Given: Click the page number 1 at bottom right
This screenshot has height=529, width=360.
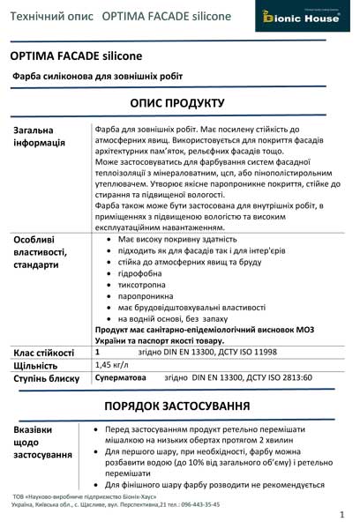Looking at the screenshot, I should click(341, 513).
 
